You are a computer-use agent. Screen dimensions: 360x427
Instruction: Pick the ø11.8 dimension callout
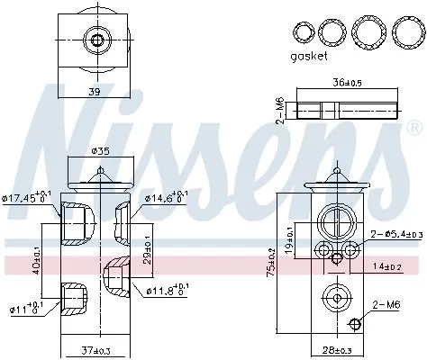tap(166, 289)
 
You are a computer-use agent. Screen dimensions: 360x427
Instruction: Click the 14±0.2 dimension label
tap(387, 267)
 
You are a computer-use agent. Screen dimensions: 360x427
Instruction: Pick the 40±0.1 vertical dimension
tap(36, 261)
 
